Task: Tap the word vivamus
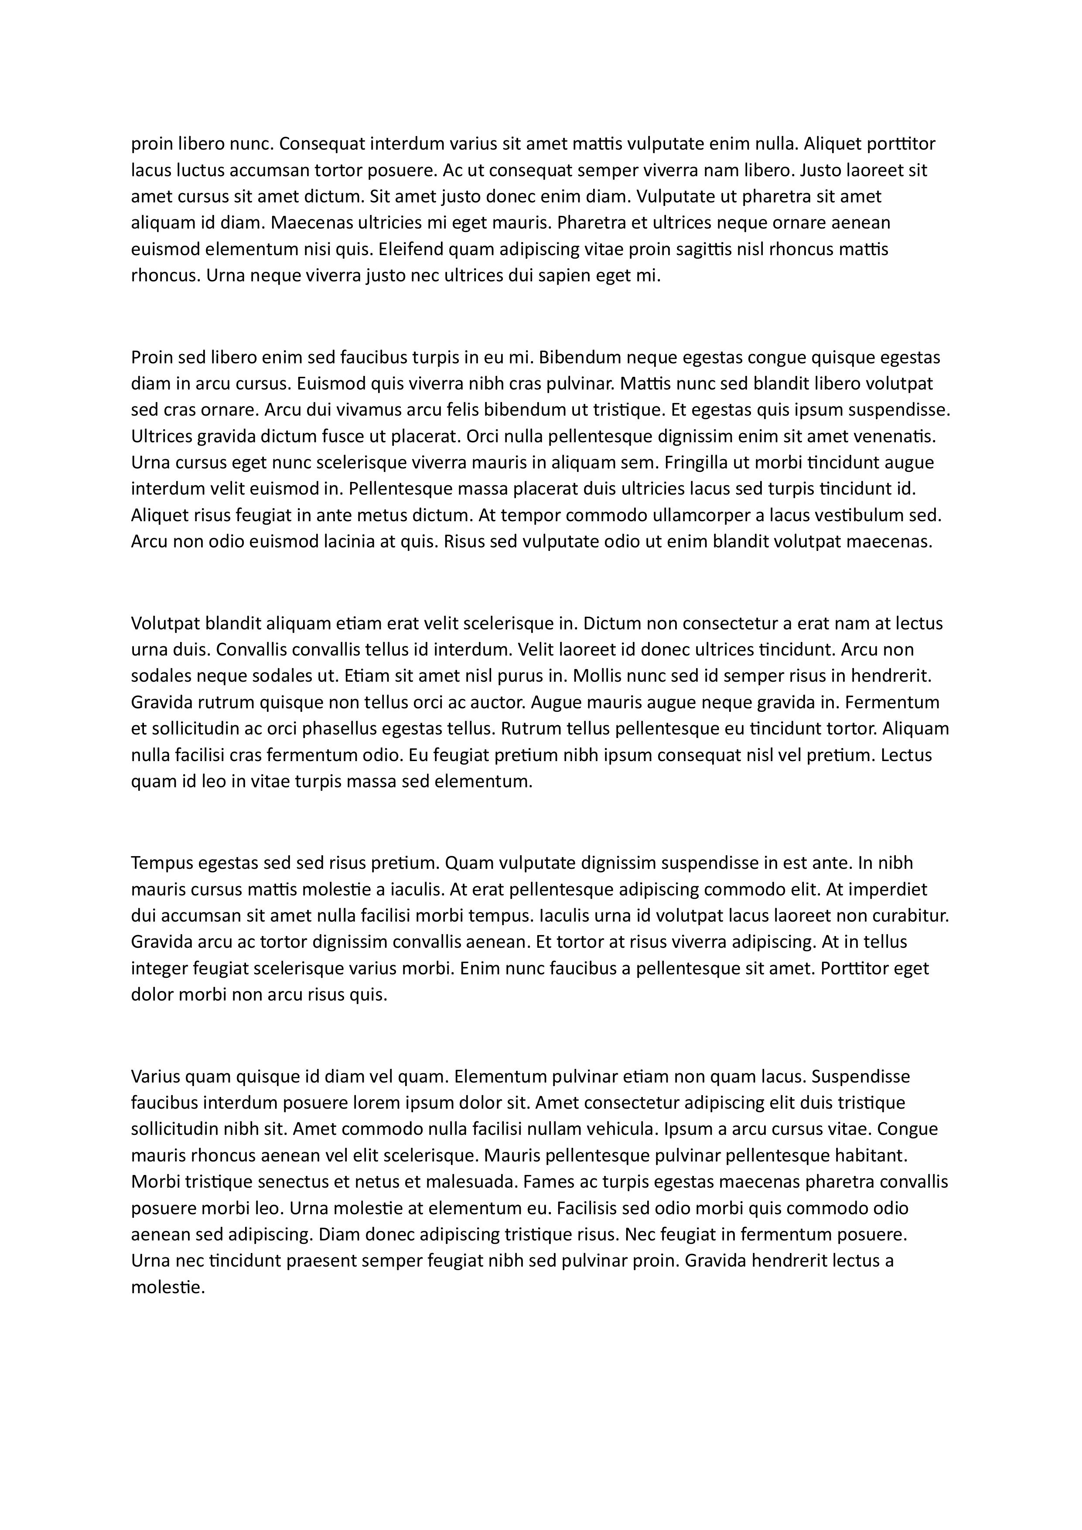click(x=339, y=410)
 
